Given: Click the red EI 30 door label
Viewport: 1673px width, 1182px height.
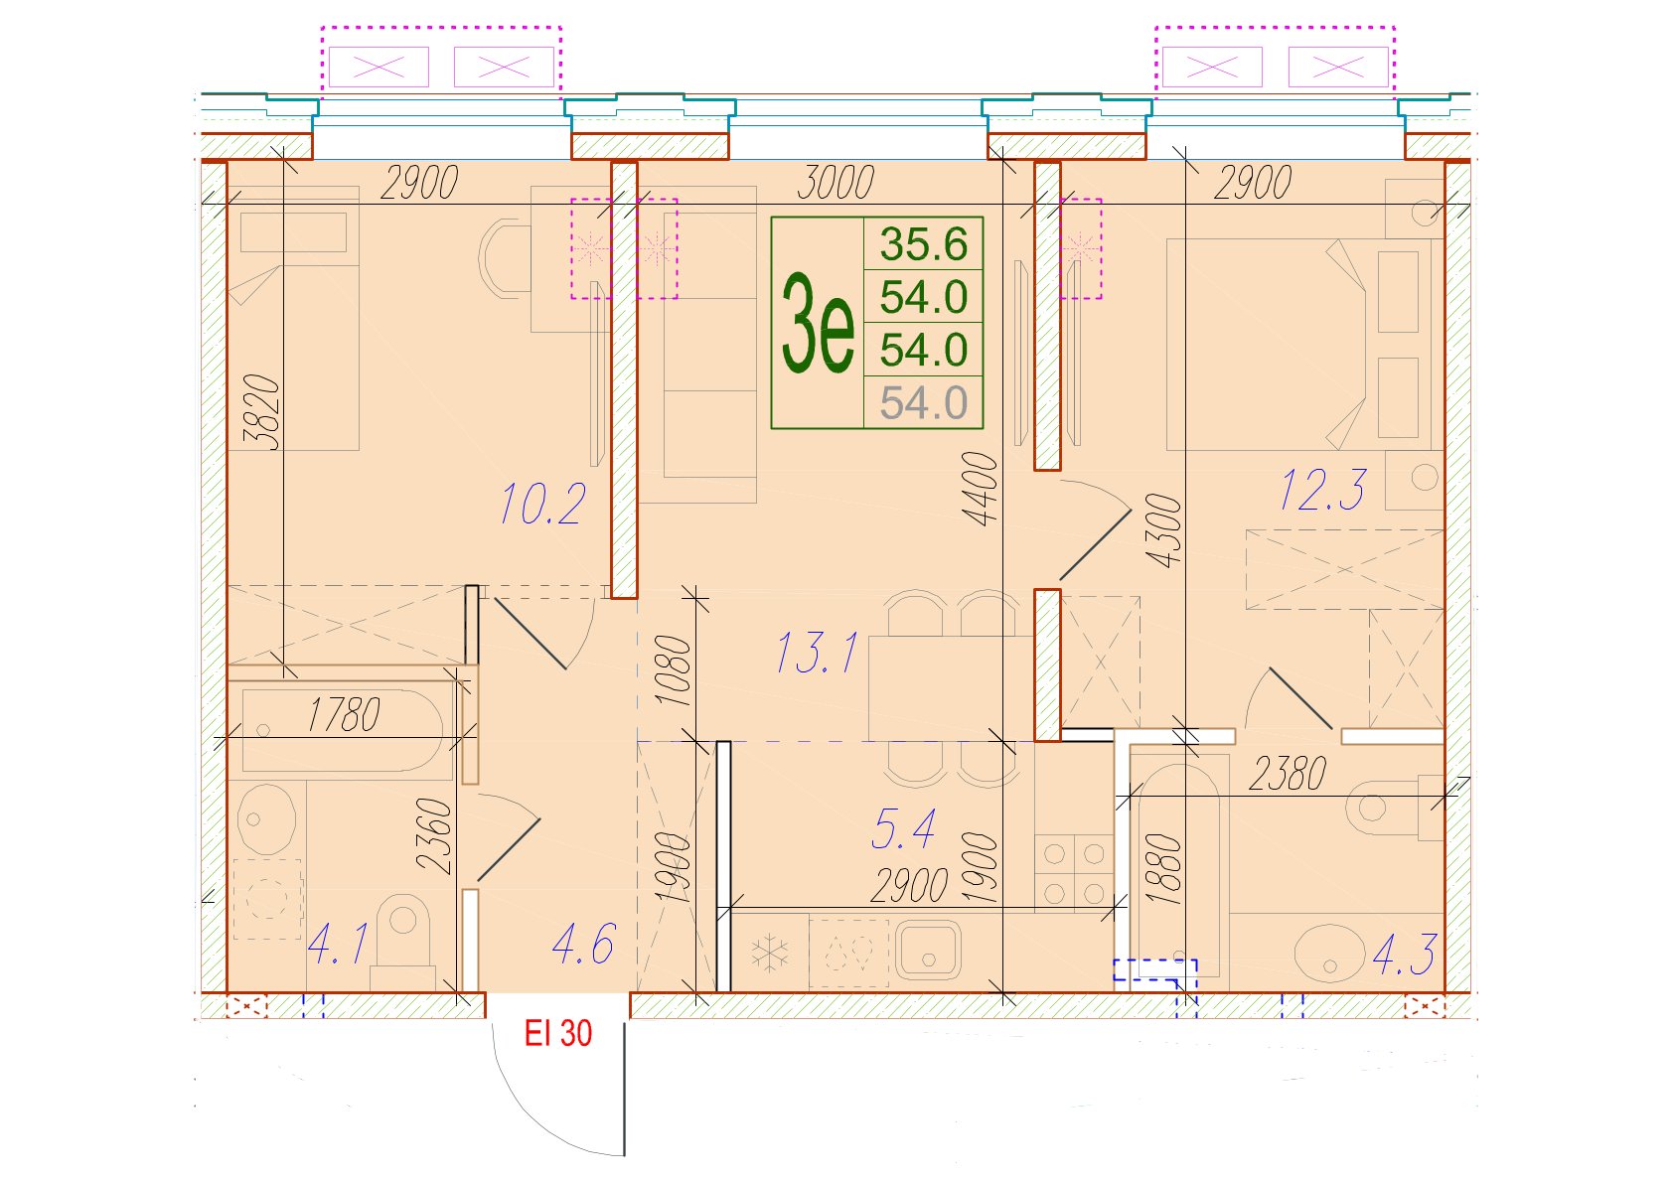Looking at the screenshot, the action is [x=558, y=1033].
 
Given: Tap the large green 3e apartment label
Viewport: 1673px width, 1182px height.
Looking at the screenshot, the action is [x=818, y=323].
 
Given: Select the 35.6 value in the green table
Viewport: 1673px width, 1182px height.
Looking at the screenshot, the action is [x=924, y=244].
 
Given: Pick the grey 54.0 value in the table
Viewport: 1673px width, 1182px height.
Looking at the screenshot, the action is [x=924, y=403].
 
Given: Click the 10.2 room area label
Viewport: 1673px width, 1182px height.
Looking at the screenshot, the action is [x=542, y=504].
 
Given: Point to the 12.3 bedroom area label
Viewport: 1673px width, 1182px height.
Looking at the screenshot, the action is [x=1322, y=490].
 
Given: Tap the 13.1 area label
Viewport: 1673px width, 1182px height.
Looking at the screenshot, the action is [x=817, y=652].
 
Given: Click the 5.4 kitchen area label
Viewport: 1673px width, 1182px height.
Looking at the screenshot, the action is [x=903, y=828].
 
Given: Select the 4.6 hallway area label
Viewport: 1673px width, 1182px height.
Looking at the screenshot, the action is [x=583, y=944].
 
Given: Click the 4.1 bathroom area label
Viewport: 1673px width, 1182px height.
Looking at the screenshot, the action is [x=338, y=944].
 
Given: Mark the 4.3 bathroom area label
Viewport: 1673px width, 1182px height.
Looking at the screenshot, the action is [x=1405, y=955].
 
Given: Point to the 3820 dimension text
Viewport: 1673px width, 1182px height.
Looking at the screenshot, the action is [x=264, y=412].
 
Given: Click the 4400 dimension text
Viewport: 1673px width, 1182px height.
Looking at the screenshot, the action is [x=980, y=489].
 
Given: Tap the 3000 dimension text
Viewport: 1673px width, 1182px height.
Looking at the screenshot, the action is [x=836, y=182].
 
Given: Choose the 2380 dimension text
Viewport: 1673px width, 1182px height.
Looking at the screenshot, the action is [x=1288, y=774].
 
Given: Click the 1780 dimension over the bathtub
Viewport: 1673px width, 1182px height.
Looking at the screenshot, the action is [x=344, y=714].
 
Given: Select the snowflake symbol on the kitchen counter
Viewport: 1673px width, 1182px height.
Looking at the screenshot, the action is [x=770, y=955].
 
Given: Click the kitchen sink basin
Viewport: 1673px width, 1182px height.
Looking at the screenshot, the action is [x=928, y=949].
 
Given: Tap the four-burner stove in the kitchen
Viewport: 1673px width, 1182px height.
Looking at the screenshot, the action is [x=1074, y=873].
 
